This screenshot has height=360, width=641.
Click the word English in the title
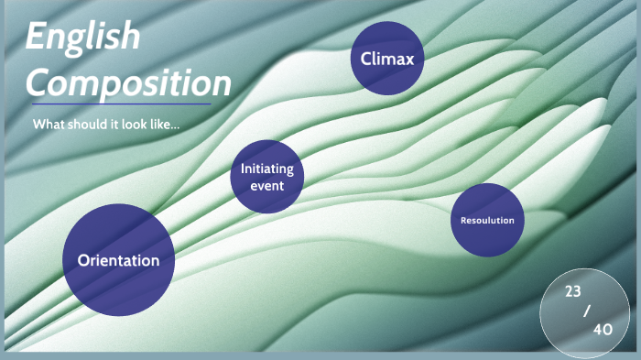[82, 38]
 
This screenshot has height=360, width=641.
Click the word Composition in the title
[128, 83]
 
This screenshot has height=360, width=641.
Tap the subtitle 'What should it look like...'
[105, 124]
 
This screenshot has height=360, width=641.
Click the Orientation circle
[118, 259]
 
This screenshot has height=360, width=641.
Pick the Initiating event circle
[267, 177]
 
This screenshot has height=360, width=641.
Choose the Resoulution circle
[487, 220]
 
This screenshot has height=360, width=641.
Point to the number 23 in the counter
[572, 291]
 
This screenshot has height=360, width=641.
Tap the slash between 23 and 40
[587, 311]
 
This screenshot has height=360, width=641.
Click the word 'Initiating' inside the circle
[267, 169]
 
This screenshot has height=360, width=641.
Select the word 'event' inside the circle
[267, 186]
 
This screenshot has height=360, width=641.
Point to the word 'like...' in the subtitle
[164, 124]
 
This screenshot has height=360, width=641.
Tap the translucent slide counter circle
[584, 312]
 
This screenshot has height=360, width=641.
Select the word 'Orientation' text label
[118, 260]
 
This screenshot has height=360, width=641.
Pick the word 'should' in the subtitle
[83, 124]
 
